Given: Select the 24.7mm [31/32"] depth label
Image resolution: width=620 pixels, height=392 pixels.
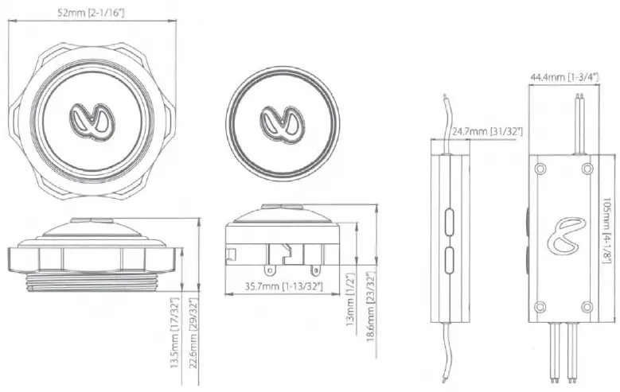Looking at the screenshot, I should pos(485,130).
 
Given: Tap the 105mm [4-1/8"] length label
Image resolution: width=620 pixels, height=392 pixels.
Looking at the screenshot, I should pos(608,226).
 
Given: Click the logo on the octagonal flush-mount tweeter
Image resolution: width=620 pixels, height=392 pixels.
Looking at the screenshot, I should pos(92,119).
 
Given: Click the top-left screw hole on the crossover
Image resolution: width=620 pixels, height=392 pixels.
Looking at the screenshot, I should pos(541,169).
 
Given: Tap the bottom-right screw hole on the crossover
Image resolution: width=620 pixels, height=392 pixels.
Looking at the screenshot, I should pos(587,306).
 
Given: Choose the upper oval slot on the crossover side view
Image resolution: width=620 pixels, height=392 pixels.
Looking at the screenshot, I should pos(450,220).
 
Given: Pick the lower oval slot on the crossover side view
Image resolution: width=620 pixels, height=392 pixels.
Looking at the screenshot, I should pos(450,258).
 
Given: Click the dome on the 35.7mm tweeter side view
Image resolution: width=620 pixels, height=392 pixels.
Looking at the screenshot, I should pos(284,212).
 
